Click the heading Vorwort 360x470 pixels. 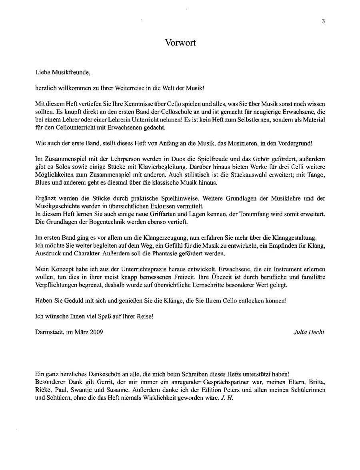pyautogui.click(x=180, y=43)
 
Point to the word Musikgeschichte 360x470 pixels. pyautogui.click(x=58, y=206)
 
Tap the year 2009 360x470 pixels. pyautogui.click(x=96, y=332)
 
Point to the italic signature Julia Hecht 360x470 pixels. pyautogui.click(x=308, y=332)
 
